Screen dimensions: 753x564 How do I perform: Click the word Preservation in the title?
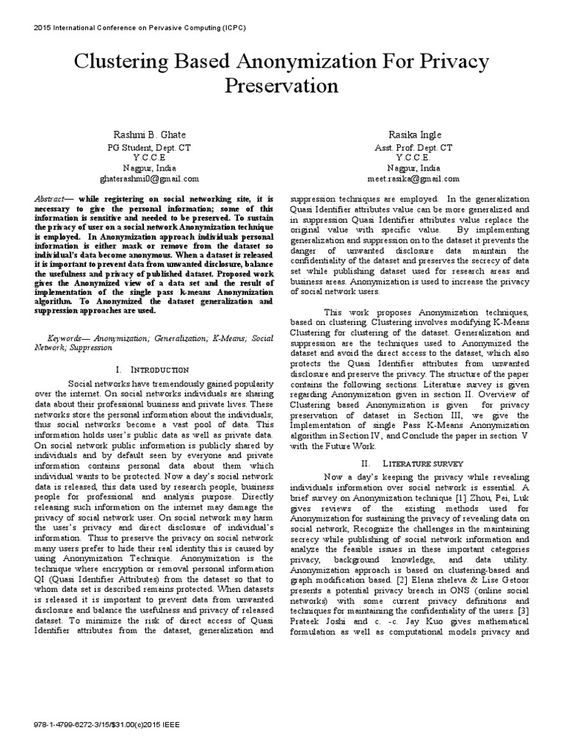tap(282, 86)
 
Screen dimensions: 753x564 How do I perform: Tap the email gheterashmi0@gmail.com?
tap(149, 179)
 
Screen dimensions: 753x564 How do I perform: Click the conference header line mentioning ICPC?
tap(140, 27)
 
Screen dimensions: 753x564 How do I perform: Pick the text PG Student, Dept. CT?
tap(149, 147)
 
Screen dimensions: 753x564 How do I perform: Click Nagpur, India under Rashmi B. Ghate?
tap(149, 168)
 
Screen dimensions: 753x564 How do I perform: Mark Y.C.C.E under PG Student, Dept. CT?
tap(149, 157)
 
